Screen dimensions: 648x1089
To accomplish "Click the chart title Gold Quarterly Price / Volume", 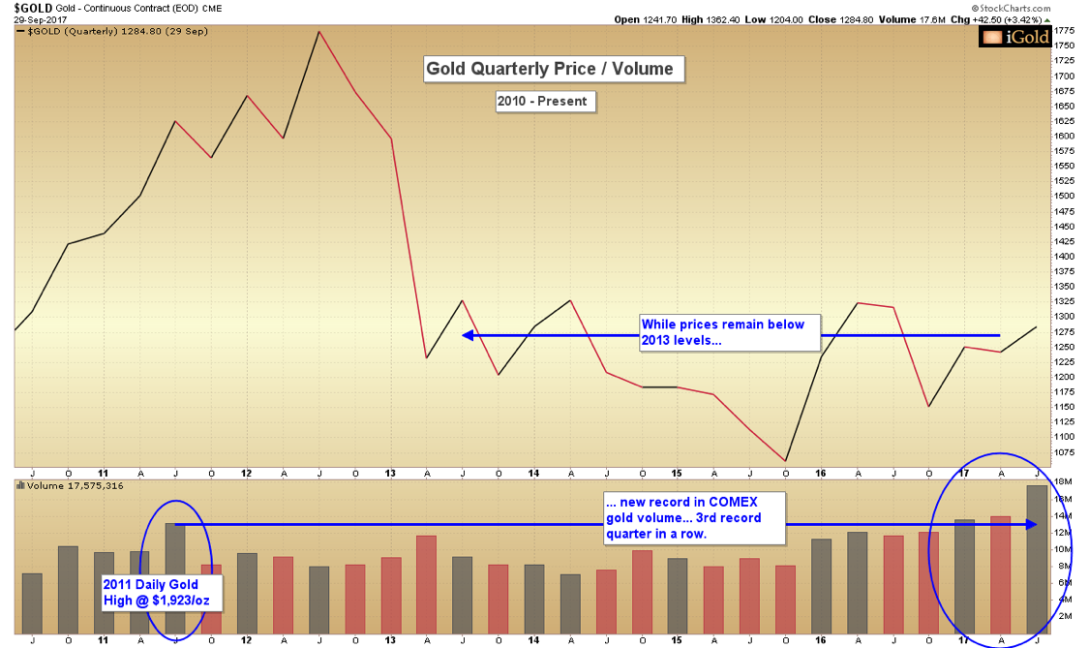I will [x=555, y=70].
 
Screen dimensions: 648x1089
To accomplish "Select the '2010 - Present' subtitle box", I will [x=542, y=101].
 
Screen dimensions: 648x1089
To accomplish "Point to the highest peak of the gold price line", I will [x=319, y=32].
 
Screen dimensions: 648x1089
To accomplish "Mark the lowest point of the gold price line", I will [x=785, y=460].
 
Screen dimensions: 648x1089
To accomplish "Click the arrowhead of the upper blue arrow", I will [x=467, y=335].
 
